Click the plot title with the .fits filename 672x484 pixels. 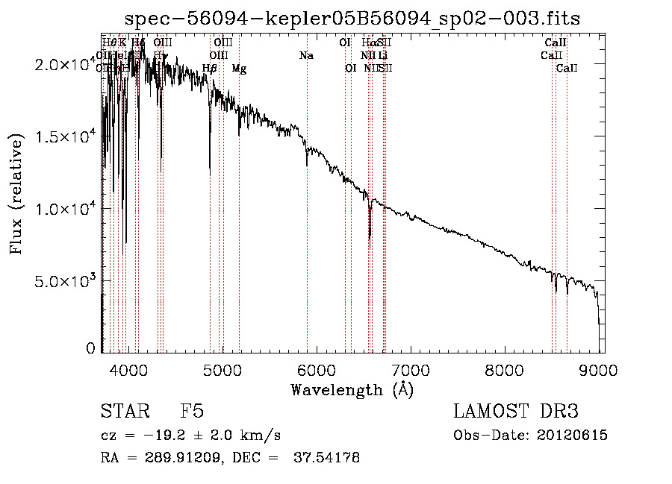pos(352,18)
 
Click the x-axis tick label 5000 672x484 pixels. pos(223,369)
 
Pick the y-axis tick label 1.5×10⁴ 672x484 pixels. pos(66,137)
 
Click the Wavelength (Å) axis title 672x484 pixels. pos(352,389)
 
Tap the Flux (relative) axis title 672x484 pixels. pos(16,194)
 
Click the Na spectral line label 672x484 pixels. pos(306,56)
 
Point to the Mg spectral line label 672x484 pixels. pos(239,69)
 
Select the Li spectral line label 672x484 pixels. pos(382,56)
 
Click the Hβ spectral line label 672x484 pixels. pos(210,69)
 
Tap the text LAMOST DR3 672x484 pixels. pos(516,412)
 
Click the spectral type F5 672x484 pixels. pos(192,412)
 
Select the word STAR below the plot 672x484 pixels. pos(124,412)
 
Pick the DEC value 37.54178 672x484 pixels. pos(328,458)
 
